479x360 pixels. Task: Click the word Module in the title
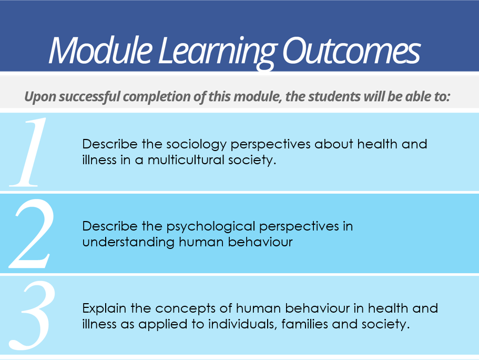coord(100,50)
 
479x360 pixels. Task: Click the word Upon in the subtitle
coord(40,97)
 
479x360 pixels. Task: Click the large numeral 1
coord(28,152)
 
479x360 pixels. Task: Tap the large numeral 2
coord(32,234)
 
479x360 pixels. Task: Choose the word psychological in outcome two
coord(211,227)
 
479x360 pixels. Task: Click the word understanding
coord(128,242)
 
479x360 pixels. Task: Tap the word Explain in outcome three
coord(104,308)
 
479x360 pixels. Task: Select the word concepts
coord(186,308)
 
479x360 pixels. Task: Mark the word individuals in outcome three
coord(242,324)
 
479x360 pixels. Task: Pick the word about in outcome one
coord(333,144)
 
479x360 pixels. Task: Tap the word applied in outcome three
coord(163,325)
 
